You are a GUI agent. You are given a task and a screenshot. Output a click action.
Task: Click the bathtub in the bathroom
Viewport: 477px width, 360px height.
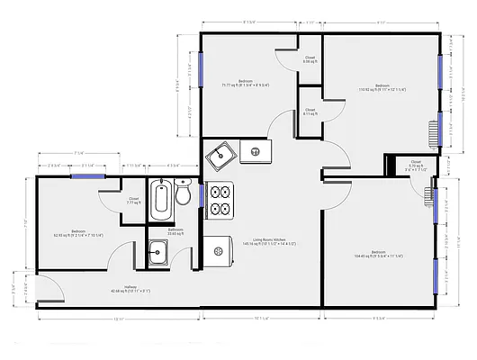point(162,200)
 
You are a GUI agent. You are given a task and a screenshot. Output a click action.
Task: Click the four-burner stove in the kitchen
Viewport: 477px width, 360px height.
point(220,201)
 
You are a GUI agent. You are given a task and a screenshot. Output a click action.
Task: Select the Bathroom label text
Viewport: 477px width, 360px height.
point(175,232)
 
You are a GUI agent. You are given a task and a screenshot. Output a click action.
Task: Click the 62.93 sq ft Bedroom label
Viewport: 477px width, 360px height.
point(76,232)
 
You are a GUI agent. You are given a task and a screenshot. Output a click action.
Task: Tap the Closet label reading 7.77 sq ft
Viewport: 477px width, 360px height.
point(133,201)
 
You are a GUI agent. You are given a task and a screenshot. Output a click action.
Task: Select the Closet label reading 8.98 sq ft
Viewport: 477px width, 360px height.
point(309,59)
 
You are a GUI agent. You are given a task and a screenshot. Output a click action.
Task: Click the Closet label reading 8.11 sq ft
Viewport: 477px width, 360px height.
point(309,112)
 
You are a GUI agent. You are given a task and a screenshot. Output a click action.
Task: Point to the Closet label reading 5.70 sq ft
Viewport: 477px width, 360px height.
point(415,166)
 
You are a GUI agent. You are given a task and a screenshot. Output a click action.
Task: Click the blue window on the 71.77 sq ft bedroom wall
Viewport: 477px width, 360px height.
point(202,65)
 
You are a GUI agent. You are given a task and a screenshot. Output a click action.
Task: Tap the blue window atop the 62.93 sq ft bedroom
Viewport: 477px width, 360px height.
point(85,176)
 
